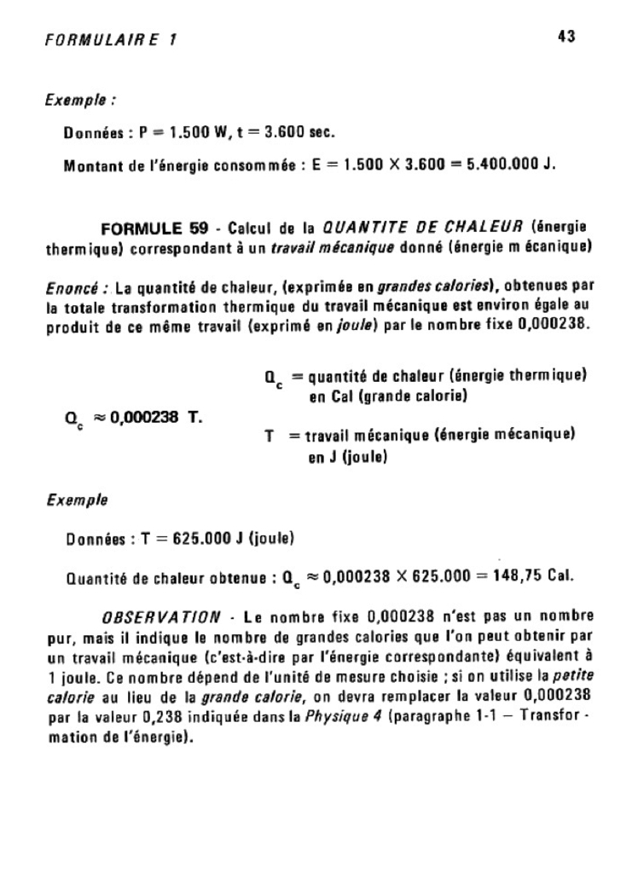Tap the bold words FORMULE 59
(x=154, y=228)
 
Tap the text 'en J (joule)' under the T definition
(x=348, y=458)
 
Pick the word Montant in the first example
(x=94, y=165)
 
